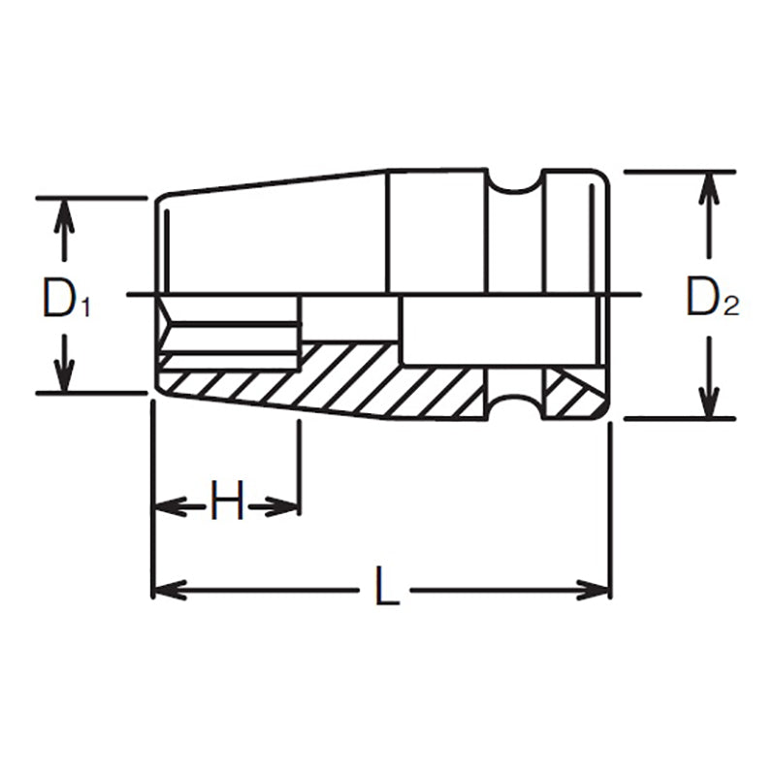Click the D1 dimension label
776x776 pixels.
coord(65,300)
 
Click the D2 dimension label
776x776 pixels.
coord(711,300)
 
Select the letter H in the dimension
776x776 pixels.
coord(226,504)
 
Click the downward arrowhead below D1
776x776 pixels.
coord(64,379)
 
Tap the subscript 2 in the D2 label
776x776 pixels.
coord(730,308)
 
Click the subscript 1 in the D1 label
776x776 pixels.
coord(84,308)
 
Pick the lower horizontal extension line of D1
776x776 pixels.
coord(92,394)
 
